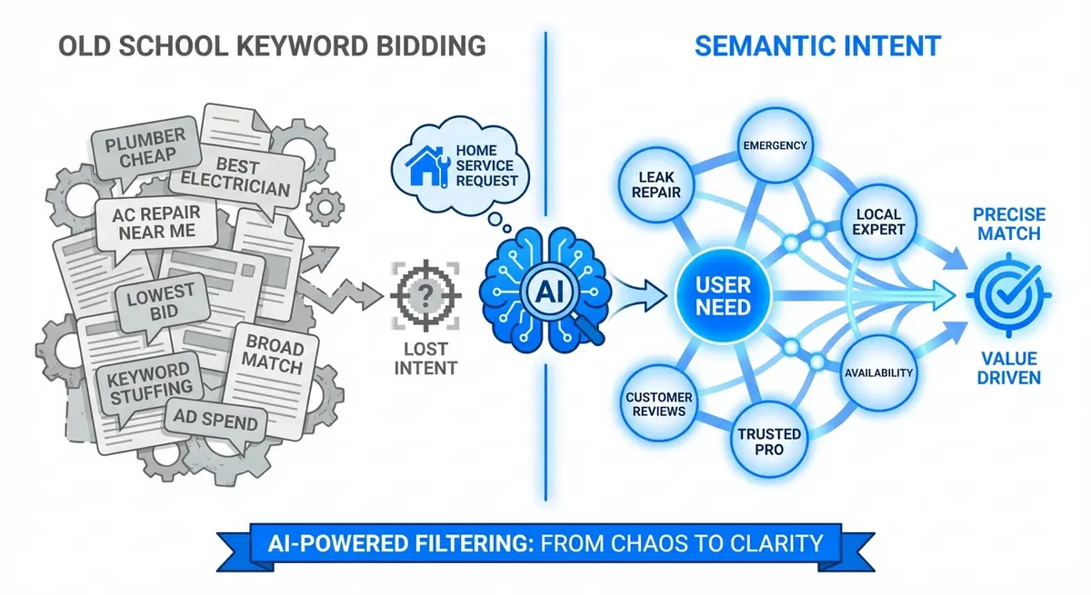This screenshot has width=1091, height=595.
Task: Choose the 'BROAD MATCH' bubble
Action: pos(273,355)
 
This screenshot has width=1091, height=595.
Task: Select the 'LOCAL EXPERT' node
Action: pos(879,221)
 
